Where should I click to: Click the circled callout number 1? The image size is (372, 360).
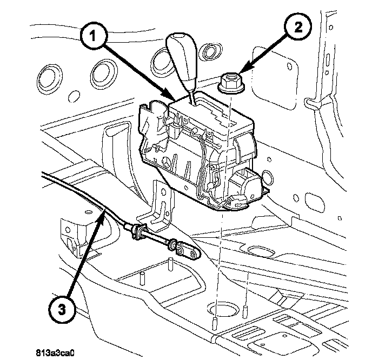94,37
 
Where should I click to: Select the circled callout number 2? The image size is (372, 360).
298,26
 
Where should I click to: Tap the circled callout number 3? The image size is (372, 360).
62,310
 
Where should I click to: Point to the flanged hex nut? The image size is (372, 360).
231,84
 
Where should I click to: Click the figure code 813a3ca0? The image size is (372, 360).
55,353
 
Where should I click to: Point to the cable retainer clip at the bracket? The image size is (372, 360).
138,231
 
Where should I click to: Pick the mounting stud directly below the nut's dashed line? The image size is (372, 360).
215,323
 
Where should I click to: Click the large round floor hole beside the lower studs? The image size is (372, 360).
223,310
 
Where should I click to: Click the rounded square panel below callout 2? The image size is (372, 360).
275,78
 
